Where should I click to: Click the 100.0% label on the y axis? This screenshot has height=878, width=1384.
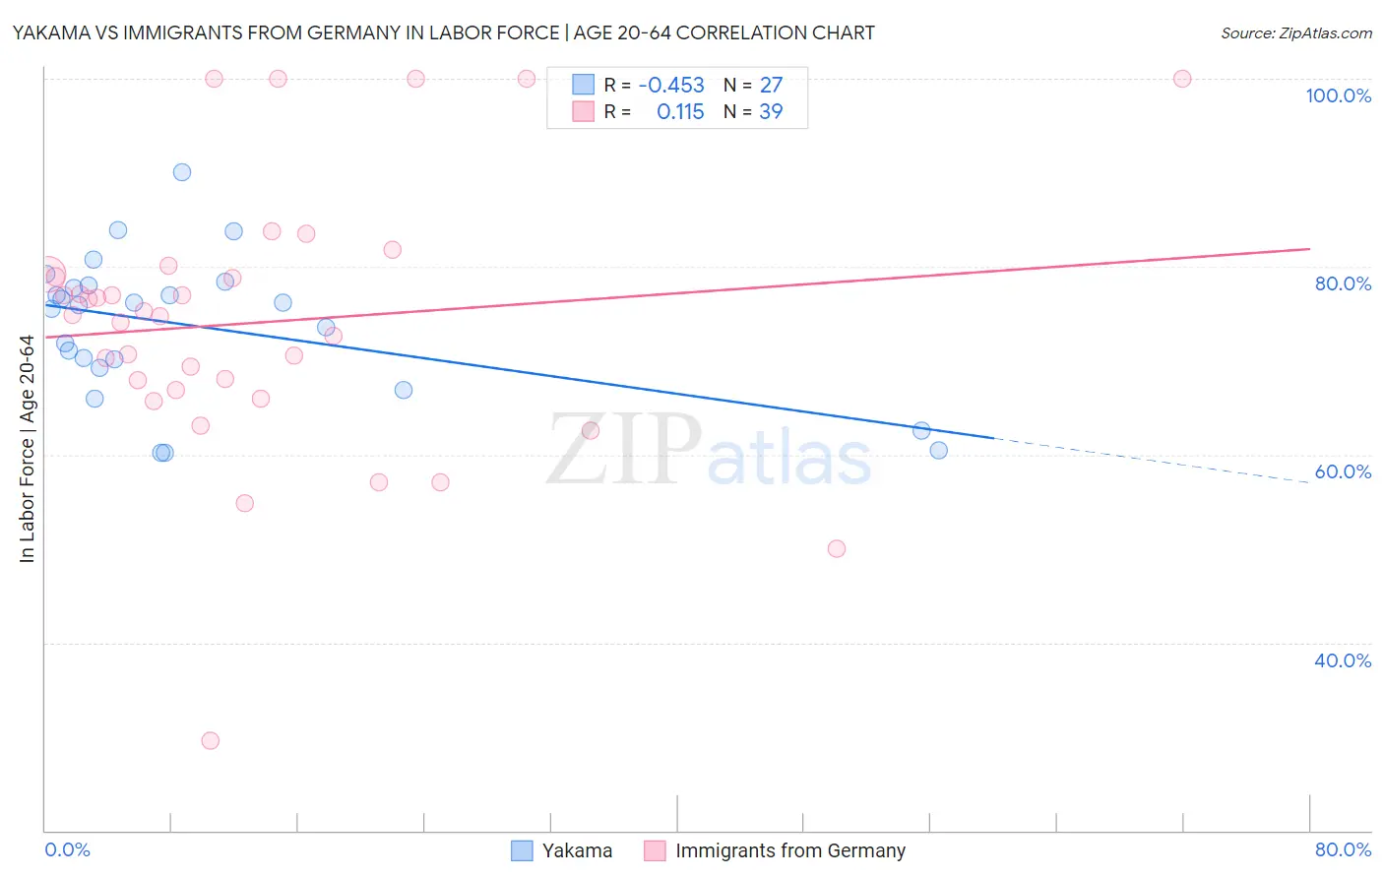coord(1338,95)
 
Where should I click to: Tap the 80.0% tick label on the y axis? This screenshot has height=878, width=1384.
coord(1343,283)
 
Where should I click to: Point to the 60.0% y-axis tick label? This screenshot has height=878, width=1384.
coord(1343,471)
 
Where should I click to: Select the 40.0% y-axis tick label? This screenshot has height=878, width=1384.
coord(1343,660)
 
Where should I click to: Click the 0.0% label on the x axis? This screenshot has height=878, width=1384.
coord(67,849)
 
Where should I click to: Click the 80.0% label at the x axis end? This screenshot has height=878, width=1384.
coord(1343,849)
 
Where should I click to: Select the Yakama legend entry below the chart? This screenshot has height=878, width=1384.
coord(576,850)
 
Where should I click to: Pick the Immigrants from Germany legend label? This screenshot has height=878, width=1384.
coord(789,850)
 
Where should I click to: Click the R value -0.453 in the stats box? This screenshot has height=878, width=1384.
coord(671,86)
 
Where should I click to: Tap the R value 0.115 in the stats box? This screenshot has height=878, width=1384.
coord(680,112)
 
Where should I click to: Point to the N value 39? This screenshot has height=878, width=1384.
coord(771,112)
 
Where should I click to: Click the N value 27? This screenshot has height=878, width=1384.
coord(771,86)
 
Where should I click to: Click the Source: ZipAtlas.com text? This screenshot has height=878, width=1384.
coord(1295,33)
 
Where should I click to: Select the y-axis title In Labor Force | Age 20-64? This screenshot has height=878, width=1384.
coord(27,449)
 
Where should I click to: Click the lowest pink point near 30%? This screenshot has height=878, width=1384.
coord(210,740)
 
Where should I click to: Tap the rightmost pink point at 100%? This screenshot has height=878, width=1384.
coord(1182,79)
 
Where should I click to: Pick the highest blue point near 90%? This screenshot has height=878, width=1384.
coord(182,172)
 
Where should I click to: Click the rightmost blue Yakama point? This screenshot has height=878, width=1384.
coord(938,450)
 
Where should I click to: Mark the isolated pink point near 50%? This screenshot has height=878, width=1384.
coord(837,548)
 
